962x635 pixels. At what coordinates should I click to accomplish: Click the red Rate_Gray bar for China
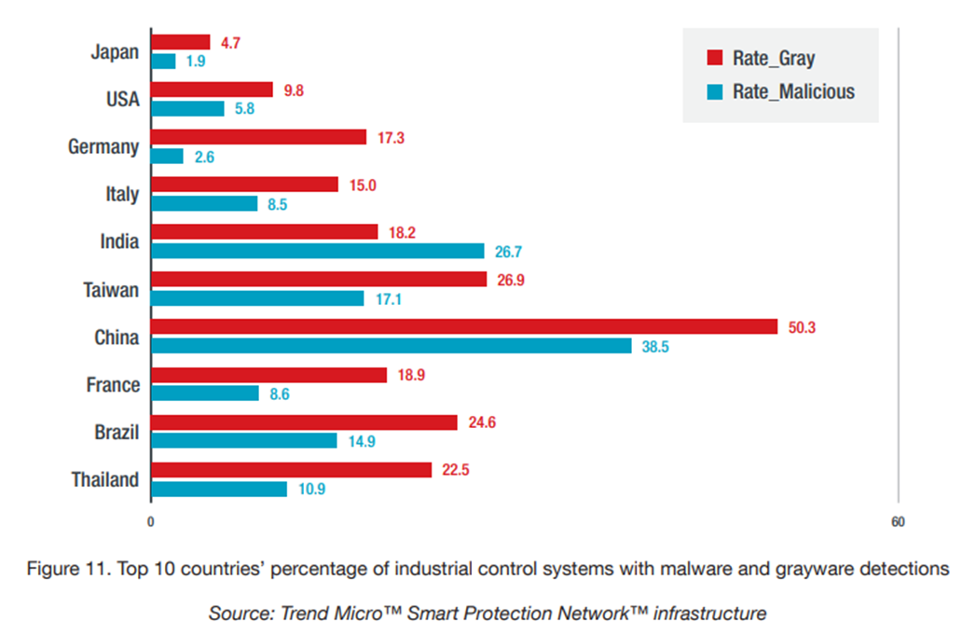463,326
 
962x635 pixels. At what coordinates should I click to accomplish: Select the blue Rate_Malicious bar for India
317,251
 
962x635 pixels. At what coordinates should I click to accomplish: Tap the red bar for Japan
180,42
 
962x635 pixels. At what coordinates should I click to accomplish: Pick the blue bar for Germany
167,156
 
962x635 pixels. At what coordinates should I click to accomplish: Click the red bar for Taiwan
318,279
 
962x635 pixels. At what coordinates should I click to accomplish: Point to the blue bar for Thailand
218,489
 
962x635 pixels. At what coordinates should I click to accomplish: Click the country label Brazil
117,432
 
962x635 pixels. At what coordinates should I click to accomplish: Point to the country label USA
122,99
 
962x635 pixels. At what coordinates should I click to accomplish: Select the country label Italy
122,194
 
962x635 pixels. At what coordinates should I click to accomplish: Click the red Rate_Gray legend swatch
715,58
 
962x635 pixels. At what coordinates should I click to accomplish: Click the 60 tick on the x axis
898,522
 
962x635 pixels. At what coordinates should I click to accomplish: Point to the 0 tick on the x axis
150,522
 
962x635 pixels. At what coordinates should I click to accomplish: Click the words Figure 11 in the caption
62,569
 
